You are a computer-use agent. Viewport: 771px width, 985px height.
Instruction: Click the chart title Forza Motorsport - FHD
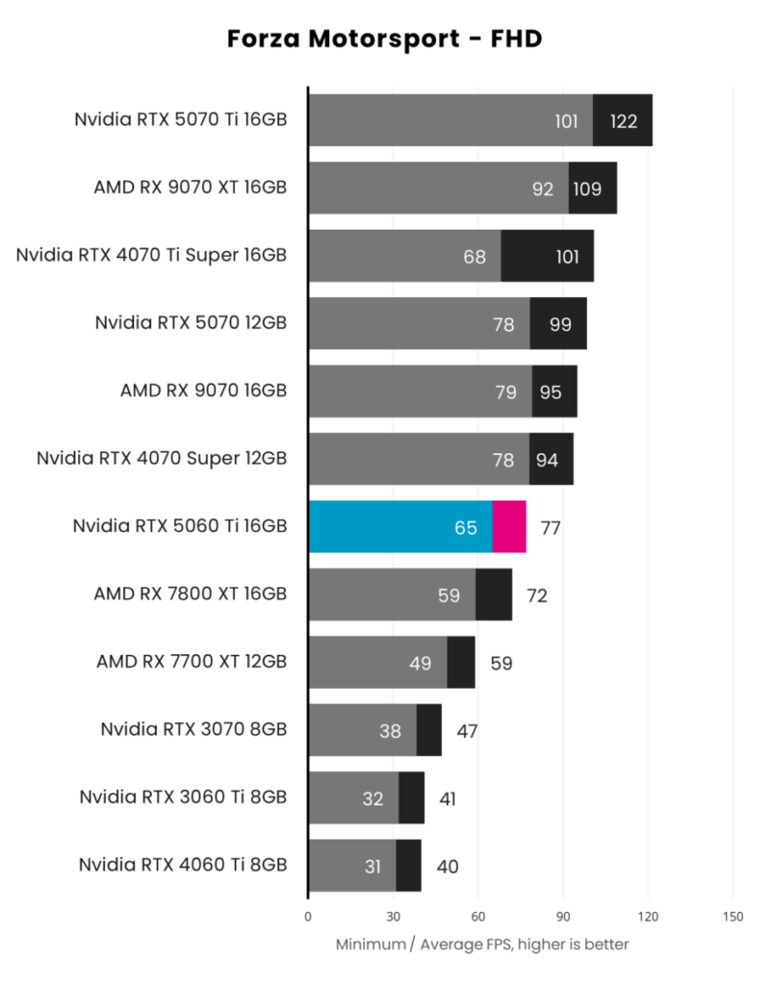pos(385,39)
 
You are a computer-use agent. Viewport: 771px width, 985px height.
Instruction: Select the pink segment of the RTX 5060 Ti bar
pos(509,527)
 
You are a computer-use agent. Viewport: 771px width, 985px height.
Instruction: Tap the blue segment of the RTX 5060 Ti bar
pos(399,527)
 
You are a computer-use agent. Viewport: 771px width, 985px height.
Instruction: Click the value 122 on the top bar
pos(623,121)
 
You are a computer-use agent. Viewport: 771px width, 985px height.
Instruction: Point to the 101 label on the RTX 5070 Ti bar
pos(566,121)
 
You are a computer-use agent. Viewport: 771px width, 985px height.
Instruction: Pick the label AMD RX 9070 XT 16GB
pos(191,188)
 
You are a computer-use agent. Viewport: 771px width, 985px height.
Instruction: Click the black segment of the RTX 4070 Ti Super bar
pos(547,256)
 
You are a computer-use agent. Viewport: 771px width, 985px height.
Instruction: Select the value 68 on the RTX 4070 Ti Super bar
pos(475,257)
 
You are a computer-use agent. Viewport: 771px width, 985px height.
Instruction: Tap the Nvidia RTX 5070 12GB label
pos(191,323)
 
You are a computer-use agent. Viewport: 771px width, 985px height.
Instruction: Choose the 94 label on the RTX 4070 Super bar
pos(547,460)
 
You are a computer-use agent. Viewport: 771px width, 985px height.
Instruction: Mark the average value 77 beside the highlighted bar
pos(551,528)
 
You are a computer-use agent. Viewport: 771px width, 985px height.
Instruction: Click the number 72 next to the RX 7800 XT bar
pos(537,595)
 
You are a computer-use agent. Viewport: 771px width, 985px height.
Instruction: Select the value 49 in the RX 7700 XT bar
pos(422,664)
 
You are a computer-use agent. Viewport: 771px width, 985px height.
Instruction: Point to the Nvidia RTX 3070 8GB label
pos(193,730)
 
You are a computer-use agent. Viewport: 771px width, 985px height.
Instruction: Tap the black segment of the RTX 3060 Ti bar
pos(412,798)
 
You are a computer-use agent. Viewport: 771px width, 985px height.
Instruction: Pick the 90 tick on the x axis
pos(563,916)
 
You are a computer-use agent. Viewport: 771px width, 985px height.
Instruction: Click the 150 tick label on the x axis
pos(732,916)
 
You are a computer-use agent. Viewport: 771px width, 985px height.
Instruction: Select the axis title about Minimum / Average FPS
pos(482,945)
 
